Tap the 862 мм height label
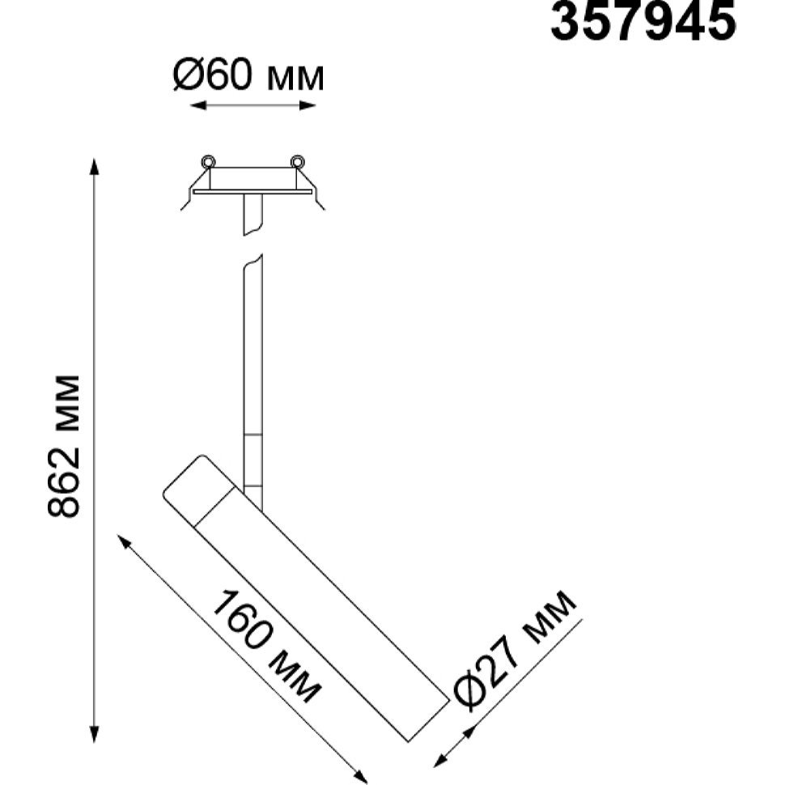coord(64,445)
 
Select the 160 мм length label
coord(265,647)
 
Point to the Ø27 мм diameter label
coord(514,649)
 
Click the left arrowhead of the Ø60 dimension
coord(198,105)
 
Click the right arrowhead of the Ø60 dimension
coord(308,105)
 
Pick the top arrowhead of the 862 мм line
coord(94,167)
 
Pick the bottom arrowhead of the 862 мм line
coord(94,734)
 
